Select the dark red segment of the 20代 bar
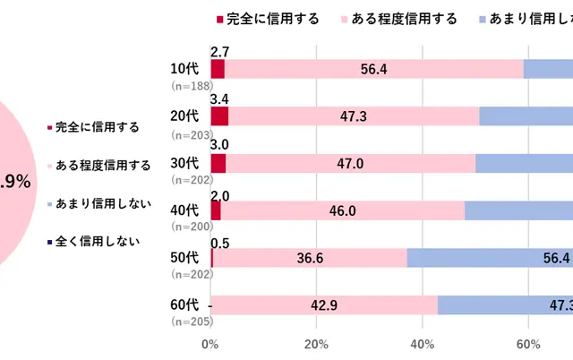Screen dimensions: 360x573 pos(219,116)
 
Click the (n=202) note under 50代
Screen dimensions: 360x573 pos(190,273)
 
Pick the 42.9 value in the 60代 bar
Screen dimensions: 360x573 pos(323,304)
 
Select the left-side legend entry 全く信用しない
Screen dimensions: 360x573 pos(94,240)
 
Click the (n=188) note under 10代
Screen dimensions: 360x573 pos(190,85)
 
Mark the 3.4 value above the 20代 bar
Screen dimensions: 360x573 pos(219,99)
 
